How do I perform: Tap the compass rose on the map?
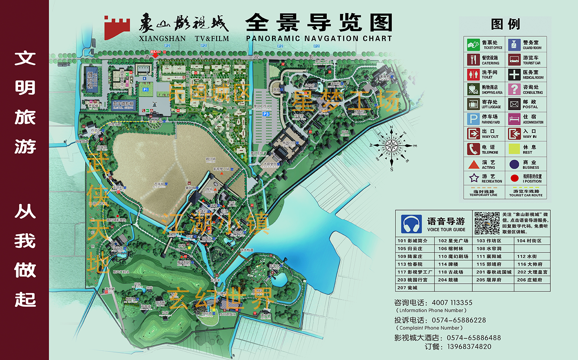(x=391, y=146)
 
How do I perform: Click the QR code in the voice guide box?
(x=487, y=223)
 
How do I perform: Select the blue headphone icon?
(x=411, y=224)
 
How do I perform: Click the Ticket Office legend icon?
(x=473, y=45)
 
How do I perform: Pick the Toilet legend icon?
(x=473, y=74)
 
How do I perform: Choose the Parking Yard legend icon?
(x=473, y=119)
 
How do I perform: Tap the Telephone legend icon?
(x=473, y=149)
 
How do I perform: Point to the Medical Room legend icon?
(x=514, y=74)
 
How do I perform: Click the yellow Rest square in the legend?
(x=514, y=149)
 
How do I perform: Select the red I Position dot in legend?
(x=514, y=178)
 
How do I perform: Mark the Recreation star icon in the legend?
(x=474, y=178)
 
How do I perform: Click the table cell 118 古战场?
(x=450, y=272)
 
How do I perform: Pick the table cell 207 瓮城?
(x=407, y=288)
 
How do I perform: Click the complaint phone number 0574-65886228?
(x=459, y=320)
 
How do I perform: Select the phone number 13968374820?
(x=469, y=347)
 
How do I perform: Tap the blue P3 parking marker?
(x=266, y=114)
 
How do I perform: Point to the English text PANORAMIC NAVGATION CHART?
(x=319, y=39)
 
